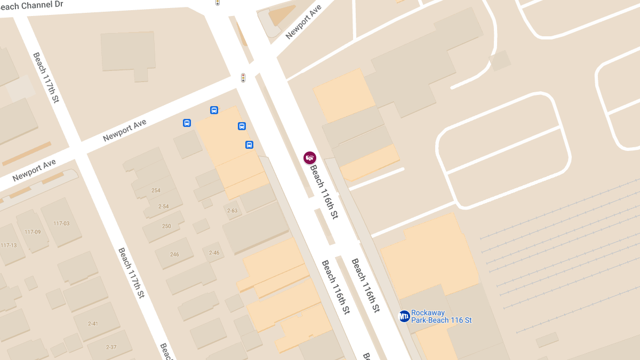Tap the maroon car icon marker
(310, 157)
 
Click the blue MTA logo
(404, 316)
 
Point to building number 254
(156, 190)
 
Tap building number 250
(166, 226)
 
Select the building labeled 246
(174, 254)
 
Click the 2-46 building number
(214, 252)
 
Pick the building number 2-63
(232, 211)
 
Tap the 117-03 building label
(61, 223)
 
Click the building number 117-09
(33, 232)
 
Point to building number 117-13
(9, 245)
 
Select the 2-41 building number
(93, 323)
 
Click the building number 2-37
(111, 347)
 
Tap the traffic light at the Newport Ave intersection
(243, 78)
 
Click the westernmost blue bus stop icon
(187, 123)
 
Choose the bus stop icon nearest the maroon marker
(249, 145)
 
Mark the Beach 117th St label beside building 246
(132, 272)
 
